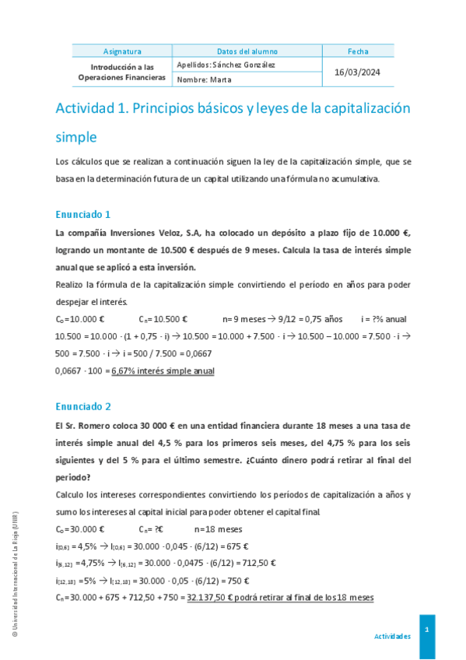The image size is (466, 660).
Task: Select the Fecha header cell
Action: click(358, 51)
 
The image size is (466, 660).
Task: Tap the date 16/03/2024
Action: click(358, 72)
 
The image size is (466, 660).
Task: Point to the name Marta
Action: click(219, 79)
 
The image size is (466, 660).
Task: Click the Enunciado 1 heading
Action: click(83, 214)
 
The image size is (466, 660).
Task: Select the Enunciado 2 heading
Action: click(83, 406)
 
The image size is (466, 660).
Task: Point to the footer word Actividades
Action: click(392, 636)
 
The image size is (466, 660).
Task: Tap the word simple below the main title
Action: click(75, 138)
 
